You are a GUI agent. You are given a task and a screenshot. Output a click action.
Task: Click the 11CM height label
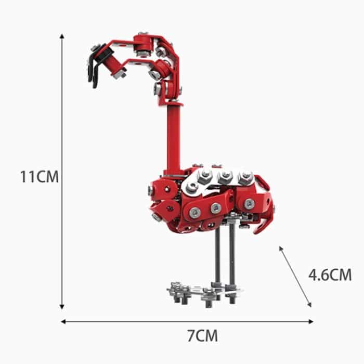[39, 176]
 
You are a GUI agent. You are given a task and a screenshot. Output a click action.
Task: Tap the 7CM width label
[202, 335]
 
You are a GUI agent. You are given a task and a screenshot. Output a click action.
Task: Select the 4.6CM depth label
[330, 274]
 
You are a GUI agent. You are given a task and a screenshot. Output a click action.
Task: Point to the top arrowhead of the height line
[62, 37]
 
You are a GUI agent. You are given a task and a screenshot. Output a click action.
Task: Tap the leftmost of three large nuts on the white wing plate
[205, 176]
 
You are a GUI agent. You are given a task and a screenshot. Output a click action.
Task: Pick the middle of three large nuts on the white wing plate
[225, 177]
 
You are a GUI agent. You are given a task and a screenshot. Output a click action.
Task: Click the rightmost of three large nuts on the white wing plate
[245, 178]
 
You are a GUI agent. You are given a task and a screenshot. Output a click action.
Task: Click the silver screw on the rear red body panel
[250, 203]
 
